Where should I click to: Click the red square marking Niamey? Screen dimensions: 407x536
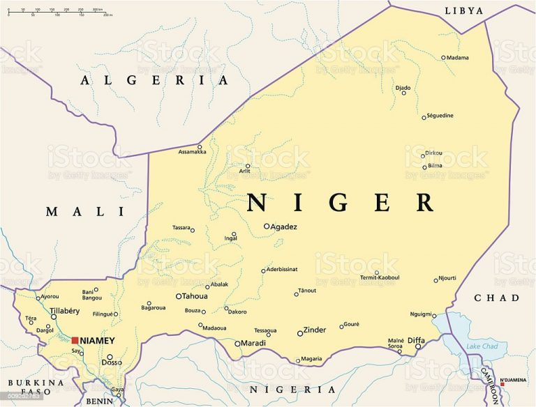[75, 340]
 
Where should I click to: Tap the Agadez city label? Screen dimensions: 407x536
[285, 226]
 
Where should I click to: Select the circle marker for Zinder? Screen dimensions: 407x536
[300, 333]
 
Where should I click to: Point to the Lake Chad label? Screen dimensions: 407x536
[482, 346]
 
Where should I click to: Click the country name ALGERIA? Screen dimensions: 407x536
[154, 80]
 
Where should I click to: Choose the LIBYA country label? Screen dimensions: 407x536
[463, 10]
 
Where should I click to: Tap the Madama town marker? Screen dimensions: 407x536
[443, 58]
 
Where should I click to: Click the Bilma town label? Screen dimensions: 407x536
[435, 166]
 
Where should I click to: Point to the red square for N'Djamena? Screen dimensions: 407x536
[502, 384]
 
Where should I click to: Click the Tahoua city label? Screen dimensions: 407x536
[195, 296]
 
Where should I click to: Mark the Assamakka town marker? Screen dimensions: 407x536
[200, 146]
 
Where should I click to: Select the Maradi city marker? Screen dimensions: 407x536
[237, 344]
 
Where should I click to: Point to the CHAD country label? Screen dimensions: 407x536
[497, 298]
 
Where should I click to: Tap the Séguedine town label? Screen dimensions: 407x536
[440, 115]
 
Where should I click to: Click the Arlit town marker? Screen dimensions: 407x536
[247, 166]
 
